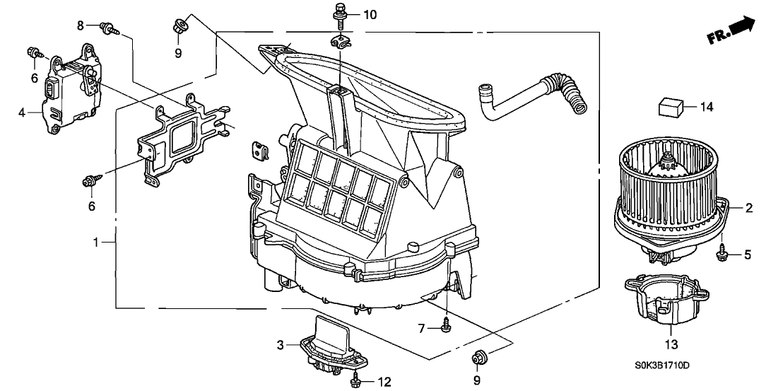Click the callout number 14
click(707, 107)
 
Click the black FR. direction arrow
click(743, 28)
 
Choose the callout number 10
click(371, 14)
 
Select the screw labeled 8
click(110, 28)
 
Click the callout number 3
click(280, 345)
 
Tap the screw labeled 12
click(354, 382)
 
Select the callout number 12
click(384, 383)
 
